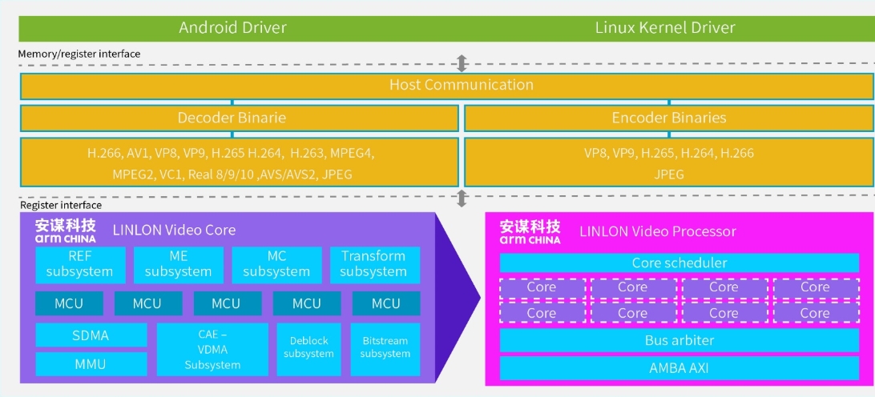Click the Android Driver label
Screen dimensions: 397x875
[232, 28]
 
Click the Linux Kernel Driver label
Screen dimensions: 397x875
[665, 28]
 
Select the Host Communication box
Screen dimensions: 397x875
[461, 85]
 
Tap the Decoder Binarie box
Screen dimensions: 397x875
[232, 118]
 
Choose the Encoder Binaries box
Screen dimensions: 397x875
[668, 118]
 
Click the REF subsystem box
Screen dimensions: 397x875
[80, 264]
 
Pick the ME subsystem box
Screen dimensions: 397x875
[179, 264]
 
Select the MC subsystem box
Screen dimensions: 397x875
[276, 264]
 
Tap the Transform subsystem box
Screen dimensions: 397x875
[373, 264]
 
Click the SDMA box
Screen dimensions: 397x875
[91, 335]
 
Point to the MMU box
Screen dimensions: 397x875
[91, 364]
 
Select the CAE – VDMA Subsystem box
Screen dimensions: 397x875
[212, 350]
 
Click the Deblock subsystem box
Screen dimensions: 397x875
[308, 347]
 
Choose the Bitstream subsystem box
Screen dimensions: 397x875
[385, 347]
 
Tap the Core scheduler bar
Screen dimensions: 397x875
[679, 263]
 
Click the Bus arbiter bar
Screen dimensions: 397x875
[679, 340]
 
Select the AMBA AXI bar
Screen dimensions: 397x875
[679, 368]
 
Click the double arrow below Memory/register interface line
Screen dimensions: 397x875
[462, 64]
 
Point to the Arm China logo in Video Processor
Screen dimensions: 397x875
[530, 231]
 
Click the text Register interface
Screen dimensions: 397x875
[61, 206]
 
